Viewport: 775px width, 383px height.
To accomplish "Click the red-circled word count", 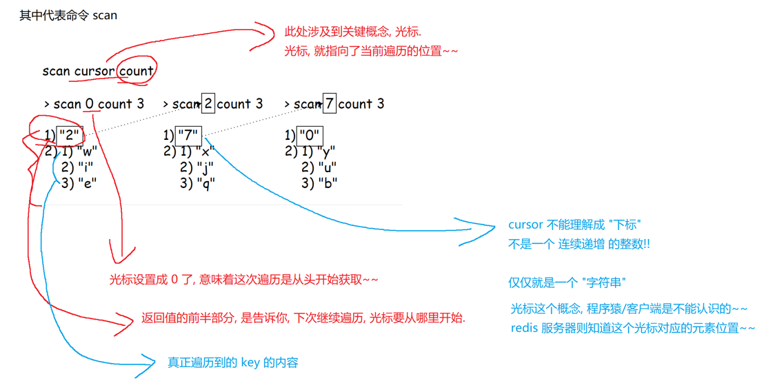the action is tap(137, 70).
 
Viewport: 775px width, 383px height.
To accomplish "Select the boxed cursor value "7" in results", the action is tap(189, 135).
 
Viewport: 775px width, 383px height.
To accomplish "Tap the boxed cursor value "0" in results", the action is tap(310, 135).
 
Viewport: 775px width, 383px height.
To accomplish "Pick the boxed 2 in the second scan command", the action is tap(208, 104).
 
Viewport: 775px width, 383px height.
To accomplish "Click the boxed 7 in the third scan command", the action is tap(329, 104).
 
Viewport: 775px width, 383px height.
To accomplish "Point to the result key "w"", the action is tap(88, 151).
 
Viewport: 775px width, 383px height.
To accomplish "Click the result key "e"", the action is tap(88, 183).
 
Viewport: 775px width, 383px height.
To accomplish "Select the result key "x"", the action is tap(205, 151).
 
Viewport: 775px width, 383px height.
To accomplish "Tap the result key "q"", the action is tap(205, 183).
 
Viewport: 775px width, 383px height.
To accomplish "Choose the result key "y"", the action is tap(327, 151).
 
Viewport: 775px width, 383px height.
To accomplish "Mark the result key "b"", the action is tap(327, 183).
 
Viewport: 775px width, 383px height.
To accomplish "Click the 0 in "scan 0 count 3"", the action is tap(90, 104).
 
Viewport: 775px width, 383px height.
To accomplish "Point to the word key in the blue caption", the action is tap(250, 362).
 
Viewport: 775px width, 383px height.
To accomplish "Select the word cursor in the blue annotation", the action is tap(526, 225).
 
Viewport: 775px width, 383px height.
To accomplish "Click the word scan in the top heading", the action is tap(105, 15).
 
